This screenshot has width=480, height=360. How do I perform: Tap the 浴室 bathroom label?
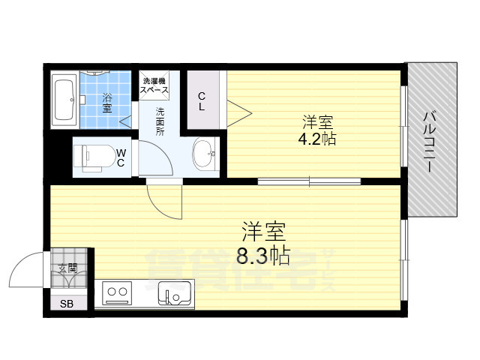point(107,102)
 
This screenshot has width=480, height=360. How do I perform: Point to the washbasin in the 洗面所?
point(203,155)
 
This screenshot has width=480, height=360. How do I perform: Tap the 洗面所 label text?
point(160,121)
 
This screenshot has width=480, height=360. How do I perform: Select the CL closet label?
point(202,100)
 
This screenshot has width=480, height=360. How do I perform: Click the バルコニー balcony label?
point(430,142)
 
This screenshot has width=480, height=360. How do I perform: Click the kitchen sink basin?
point(175,294)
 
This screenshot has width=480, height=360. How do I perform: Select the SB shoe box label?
point(67,303)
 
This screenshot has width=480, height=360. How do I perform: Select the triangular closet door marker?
point(239,114)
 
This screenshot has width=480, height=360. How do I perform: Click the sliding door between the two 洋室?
point(309,181)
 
